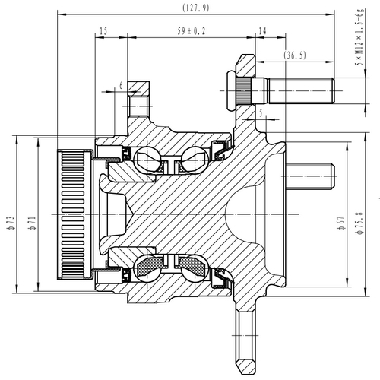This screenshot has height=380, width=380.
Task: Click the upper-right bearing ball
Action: click(x=192, y=162)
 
